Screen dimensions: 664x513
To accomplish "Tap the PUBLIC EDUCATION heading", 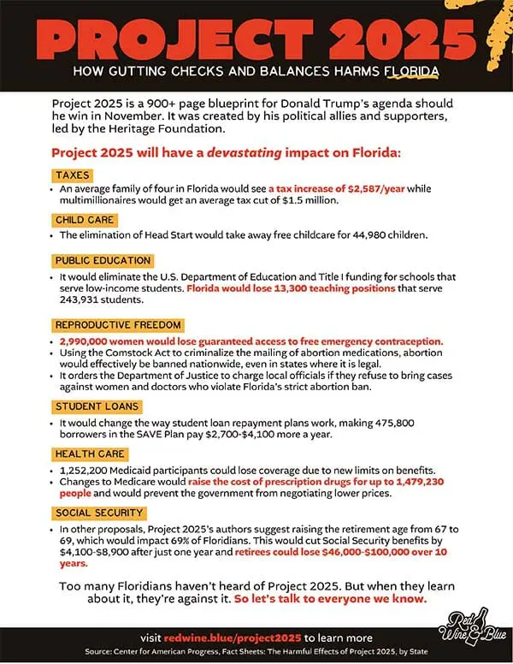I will [x=103, y=260].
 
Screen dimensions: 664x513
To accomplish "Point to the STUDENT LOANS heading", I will [x=96, y=406].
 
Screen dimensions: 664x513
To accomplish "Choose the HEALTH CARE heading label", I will [x=91, y=454].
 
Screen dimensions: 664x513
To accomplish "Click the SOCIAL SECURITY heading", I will [x=98, y=513].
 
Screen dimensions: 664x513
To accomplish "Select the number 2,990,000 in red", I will [x=90, y=340].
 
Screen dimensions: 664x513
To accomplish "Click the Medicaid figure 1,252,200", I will [x=90, y=469].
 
